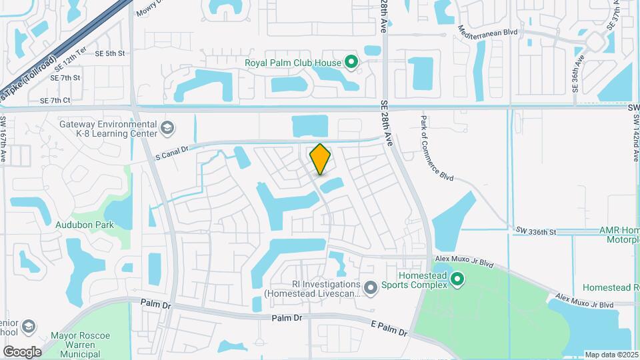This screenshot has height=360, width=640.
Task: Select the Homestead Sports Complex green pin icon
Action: (x=457, y=279)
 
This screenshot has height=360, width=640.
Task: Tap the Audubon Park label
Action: (x=84, y=225)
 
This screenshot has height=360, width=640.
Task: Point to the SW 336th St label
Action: (x=535, y=231)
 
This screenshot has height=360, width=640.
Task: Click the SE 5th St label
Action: (x=110, y=53)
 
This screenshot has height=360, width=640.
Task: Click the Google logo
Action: (x=22, y=351)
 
